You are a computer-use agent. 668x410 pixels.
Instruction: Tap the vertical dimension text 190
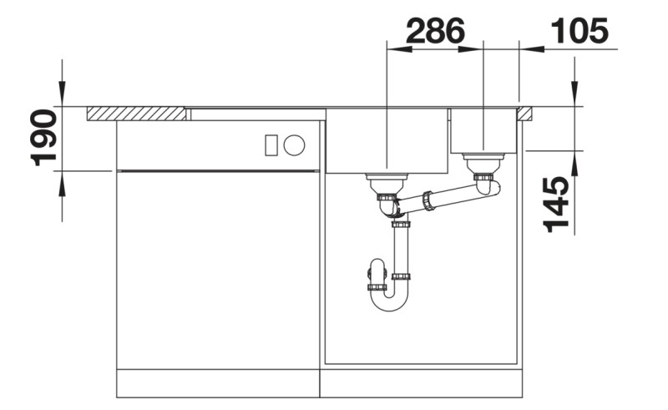pos(43,138)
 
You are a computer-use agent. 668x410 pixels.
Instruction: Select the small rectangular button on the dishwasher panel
pos(271,145)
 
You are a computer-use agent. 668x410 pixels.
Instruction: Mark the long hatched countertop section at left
pos(136,114)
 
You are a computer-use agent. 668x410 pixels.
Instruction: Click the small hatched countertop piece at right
pos(526,114)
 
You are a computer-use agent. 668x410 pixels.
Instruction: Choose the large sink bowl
pos(387,142)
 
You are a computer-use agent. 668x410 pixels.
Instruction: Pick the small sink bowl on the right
pos(484,131)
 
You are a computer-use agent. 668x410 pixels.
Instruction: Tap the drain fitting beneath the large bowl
pos(387,182)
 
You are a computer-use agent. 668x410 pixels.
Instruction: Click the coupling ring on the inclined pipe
pos(428,200)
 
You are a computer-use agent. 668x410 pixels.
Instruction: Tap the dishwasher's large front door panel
pos(217,267)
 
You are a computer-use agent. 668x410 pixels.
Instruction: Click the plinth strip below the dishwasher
pos(217,383)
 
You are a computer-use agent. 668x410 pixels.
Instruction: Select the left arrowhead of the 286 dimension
pos(393,49)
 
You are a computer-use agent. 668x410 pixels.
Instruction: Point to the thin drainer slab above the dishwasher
pos(255,114)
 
